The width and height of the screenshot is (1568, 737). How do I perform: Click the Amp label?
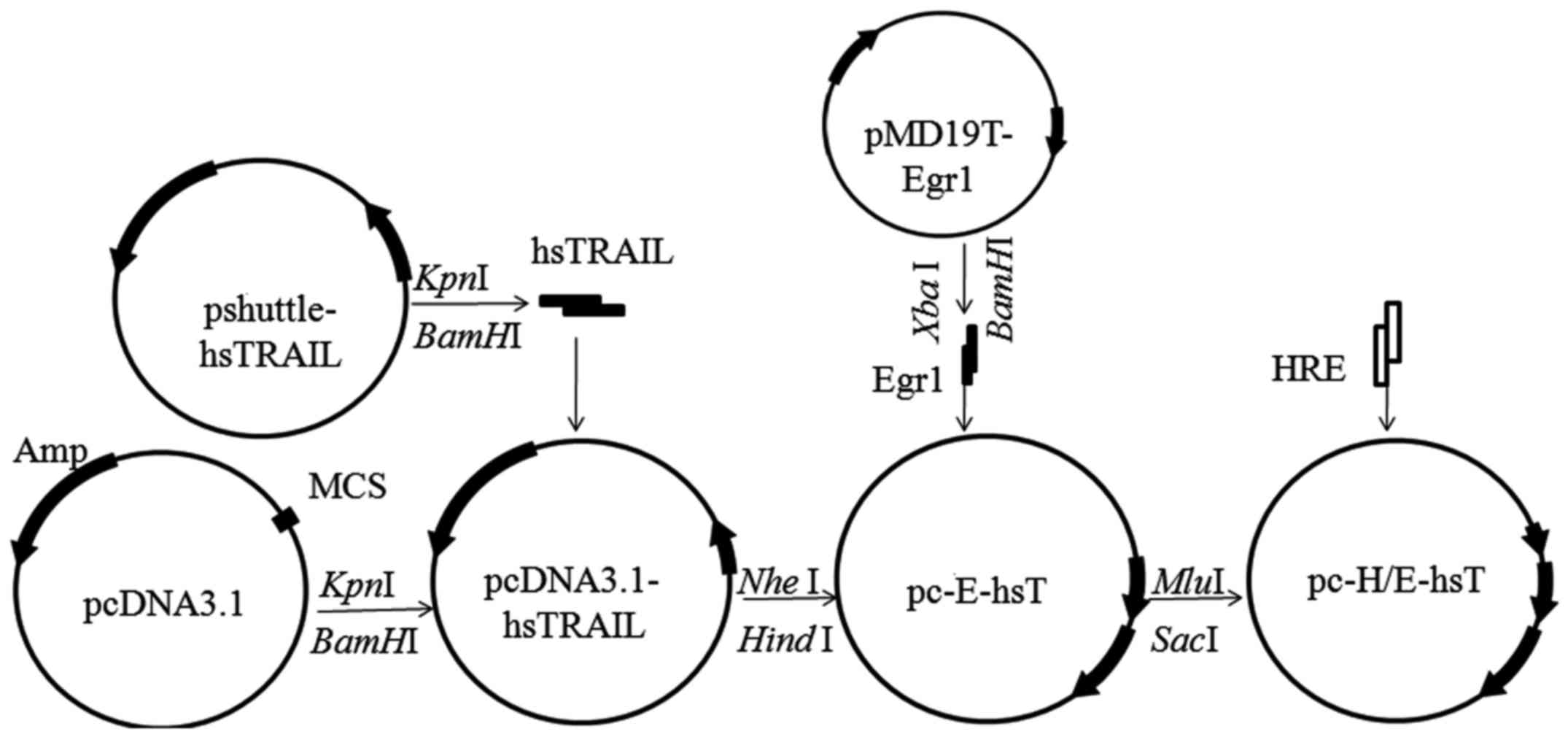[x=50, y=452]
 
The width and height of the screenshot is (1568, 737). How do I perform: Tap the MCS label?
[x=346, y=487]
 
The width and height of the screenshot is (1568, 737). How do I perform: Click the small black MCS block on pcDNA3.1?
[x=286, y=520]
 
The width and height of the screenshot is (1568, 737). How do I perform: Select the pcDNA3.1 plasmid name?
[x=163, y=606]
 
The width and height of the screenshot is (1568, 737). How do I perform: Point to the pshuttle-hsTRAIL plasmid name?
[x=269, y=333]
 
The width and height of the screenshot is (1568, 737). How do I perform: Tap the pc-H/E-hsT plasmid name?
[x=1395, y=582]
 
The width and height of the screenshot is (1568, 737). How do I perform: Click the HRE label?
[x=1308, y=370]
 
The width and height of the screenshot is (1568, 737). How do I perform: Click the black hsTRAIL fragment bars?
[x=582, y=305]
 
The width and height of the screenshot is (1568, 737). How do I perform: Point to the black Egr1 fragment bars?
[x=969, y=355]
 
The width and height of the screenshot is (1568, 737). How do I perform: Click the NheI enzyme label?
[x=779, y=583]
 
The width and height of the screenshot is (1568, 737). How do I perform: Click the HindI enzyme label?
[x=785, y=641]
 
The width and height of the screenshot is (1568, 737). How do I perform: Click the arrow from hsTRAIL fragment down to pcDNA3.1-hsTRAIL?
[x=576, y=383]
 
